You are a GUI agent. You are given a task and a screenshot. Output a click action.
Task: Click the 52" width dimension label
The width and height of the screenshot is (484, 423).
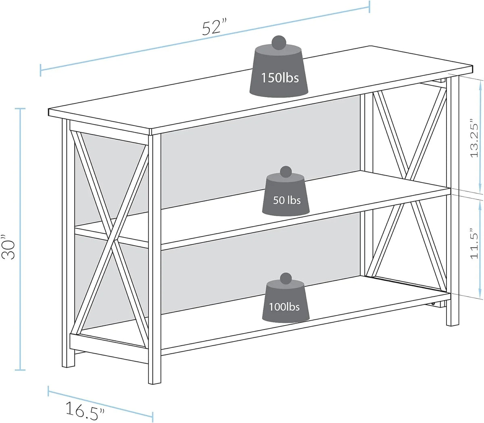[214, 28]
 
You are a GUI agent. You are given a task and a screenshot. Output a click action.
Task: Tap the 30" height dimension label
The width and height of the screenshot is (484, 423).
[9, 247]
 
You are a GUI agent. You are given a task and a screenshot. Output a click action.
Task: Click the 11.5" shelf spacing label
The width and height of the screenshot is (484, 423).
[474, 244]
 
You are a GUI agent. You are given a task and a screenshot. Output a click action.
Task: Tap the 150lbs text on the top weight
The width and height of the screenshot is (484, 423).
[280, 77]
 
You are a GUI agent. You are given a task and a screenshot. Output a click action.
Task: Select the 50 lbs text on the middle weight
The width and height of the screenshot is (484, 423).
[287, 200]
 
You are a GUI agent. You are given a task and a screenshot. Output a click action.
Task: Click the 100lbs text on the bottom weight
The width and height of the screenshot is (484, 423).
[284, 307]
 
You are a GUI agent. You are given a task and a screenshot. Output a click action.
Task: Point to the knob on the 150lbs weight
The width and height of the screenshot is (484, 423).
[279, 43]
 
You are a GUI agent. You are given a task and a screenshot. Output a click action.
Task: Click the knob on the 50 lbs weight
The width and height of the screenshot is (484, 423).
[286, 172]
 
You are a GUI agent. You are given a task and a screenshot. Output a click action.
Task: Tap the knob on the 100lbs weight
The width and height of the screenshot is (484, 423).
[286, 279]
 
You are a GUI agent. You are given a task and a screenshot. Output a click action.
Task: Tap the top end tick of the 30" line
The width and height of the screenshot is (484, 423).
[20, 108]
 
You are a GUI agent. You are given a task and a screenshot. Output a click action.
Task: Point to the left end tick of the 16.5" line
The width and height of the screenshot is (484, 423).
[48, 391]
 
